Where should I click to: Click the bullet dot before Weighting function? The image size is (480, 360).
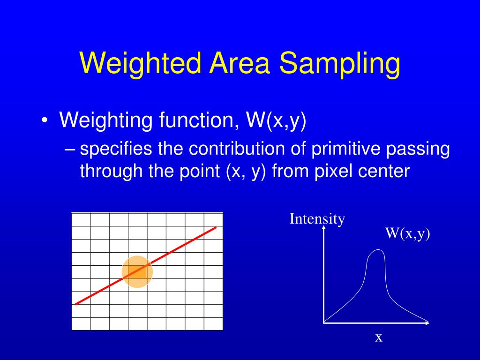45,121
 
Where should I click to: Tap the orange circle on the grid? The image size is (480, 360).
137,272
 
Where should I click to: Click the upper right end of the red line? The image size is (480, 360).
216,228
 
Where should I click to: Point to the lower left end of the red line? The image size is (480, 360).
76,304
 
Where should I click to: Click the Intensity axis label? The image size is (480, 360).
317,219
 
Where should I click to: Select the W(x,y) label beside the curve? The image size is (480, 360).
407,233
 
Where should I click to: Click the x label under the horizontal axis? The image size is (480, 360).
378,337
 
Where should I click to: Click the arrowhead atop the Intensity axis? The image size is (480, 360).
323,231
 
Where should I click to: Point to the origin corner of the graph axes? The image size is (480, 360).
324,322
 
